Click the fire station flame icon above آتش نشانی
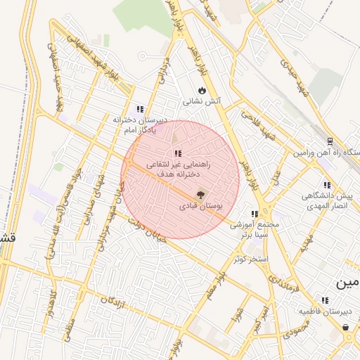tap(202, 90)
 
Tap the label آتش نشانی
tap(202, 101)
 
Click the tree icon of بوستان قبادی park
tap(200, 195)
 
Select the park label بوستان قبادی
tap(200, 207)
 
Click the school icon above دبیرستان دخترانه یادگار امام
tap(140, 109)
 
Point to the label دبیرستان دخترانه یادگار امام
tap(140, 124)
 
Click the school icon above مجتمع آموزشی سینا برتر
tap(255, 214)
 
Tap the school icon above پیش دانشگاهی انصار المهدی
tap(327, 186)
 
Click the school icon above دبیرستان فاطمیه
tap(324, 300)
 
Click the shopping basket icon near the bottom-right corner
tap(346, 328)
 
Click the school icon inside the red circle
tap(178, 153)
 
